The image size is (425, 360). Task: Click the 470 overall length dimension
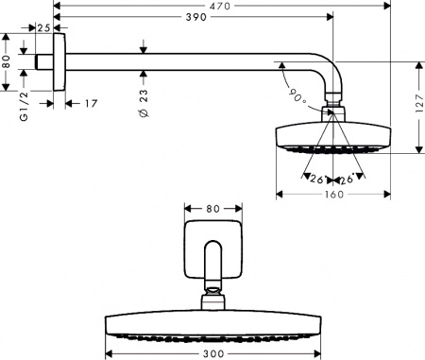click(x=222, y=6)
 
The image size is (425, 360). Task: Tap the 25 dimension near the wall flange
click(x=42, y=29)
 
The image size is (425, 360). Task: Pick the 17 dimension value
click(x=92, y=103)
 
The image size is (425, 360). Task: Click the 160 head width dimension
click(x=333, y=197)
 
